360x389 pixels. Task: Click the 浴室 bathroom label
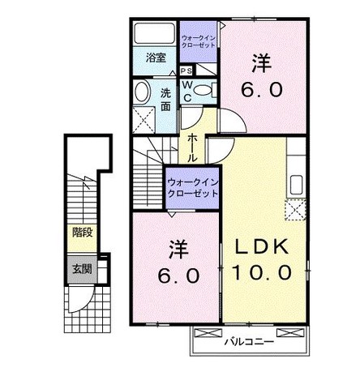(156, 58)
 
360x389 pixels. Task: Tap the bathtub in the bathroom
(155, 33)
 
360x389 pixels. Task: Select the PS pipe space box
(186, 71)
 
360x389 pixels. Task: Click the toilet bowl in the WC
(203, 90)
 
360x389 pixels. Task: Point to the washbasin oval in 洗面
(142, 92)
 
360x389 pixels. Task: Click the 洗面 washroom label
(165, 100)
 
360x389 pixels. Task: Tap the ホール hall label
(192, 147)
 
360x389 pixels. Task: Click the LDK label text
(262, 246)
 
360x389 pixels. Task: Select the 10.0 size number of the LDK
(262, 272)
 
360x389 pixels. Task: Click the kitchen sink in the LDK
(296, 185)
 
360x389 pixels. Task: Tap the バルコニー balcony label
(250, 342)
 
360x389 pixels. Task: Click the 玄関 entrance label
(82, 269)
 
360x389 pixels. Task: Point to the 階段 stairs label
(83, 232)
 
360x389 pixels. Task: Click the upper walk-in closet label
(198, 41)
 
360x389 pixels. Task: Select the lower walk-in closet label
(193, 188)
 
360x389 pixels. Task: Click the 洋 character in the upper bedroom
(262, 63)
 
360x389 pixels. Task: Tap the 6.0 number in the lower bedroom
(179, 276)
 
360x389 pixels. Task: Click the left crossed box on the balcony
(208, 332)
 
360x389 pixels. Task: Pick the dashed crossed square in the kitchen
(295, 210)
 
